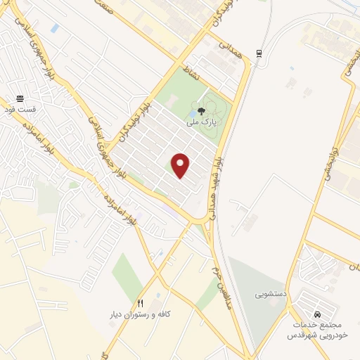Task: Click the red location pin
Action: pos(181,165)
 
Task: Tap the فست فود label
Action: pos(18,110)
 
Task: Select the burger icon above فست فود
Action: pos(19,99)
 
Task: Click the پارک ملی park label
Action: pos(202,122)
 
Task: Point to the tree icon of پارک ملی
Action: pos(202,110)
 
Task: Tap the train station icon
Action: pos(260,53)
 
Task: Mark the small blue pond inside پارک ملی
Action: pos(193,112)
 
